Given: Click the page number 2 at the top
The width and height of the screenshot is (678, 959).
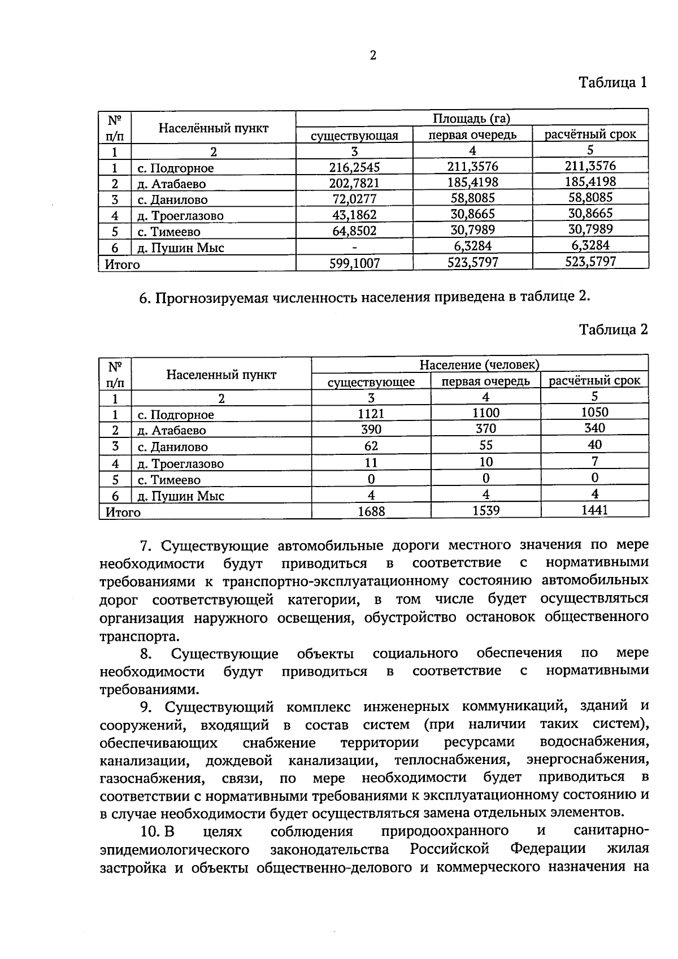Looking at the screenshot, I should click(x=373, y=55).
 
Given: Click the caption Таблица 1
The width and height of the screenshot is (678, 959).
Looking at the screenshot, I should click(x=613, y=83).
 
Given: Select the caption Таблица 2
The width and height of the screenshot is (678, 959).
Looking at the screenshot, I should click(x=613, y=329).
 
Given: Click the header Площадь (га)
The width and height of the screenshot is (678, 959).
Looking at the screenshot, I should click(x=471, y=118).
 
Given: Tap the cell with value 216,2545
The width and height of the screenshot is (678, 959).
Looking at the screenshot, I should click(x=354, y=167).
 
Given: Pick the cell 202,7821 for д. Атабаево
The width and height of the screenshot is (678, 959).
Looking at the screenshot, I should click(x=354, y=183).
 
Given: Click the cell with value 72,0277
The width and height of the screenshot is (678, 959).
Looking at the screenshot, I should click(x=354, y=199).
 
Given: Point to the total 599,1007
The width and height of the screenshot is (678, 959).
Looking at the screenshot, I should click(x=354, y=263).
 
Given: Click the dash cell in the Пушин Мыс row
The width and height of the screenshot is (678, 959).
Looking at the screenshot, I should click(x=354, y=247).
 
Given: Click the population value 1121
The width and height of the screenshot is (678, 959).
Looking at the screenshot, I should click(x=371, y=414).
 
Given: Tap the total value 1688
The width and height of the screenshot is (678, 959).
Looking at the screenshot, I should click(x=371, y=511).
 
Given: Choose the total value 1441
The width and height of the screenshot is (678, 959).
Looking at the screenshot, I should click(x=594, y=510).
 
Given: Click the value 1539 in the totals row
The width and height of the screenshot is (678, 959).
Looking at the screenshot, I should click(x=486, y=510).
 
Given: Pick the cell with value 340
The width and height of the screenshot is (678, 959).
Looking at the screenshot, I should click(x=594, y=428).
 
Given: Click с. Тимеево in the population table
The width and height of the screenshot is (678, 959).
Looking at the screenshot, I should click(x=169, y=480).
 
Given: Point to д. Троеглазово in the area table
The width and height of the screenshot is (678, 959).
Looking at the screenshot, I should click(x=180, y=215).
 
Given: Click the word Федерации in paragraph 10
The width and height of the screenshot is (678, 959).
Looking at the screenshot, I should click(x=547, y=849).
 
